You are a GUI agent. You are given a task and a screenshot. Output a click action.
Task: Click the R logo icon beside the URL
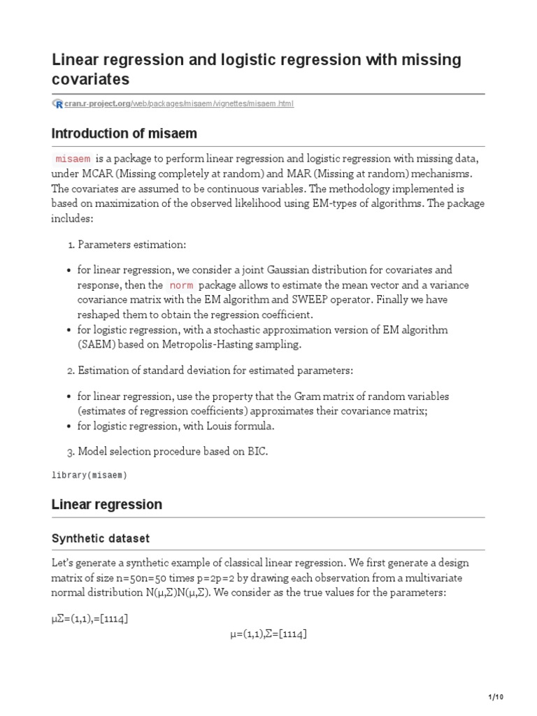[x=57, y=103]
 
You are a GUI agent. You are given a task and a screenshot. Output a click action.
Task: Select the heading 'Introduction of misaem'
[x=124, y=134]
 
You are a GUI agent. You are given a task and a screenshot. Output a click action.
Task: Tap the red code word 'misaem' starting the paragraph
[x=73, y=159]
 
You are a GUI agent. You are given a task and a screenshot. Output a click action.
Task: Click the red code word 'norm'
[x=181, y=285]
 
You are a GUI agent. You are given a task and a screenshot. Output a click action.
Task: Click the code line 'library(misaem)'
[x=90, y=475]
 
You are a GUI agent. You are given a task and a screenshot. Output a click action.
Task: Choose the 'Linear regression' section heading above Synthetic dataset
[x=107, y=504]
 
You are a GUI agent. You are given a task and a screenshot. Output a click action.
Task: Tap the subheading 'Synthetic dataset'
[x=101, y=538]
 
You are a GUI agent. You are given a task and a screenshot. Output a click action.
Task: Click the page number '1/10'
[x=494, y=697]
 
